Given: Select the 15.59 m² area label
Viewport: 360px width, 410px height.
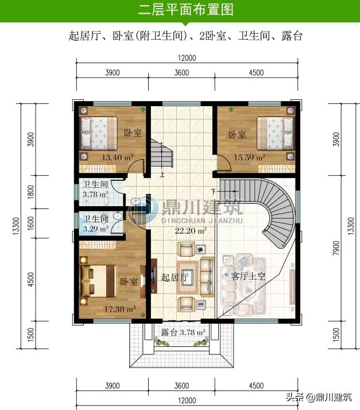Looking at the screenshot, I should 249,156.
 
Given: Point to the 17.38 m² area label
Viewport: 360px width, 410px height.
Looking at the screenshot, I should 120,309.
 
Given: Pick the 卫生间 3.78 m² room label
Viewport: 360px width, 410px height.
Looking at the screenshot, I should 95,189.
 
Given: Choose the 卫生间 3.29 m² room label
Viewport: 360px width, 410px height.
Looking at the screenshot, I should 95,223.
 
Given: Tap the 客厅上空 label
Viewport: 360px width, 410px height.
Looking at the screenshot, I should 248,276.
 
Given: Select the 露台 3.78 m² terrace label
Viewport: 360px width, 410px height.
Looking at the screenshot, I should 183,332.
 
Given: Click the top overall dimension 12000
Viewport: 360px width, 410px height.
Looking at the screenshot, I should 187,57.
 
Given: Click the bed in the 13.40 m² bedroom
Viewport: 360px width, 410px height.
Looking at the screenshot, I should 98,133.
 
